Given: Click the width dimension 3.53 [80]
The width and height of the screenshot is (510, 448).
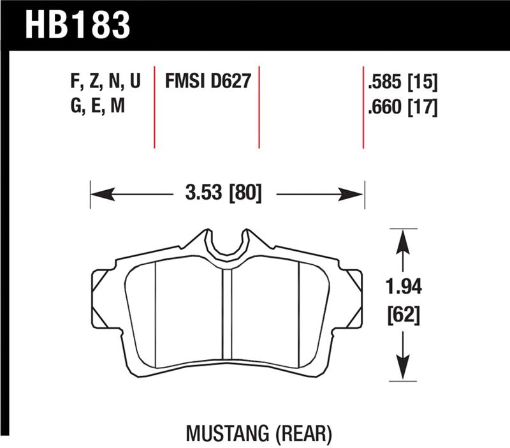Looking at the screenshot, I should (224, 192).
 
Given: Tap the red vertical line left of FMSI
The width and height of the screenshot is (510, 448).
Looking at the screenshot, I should (155, 105).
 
